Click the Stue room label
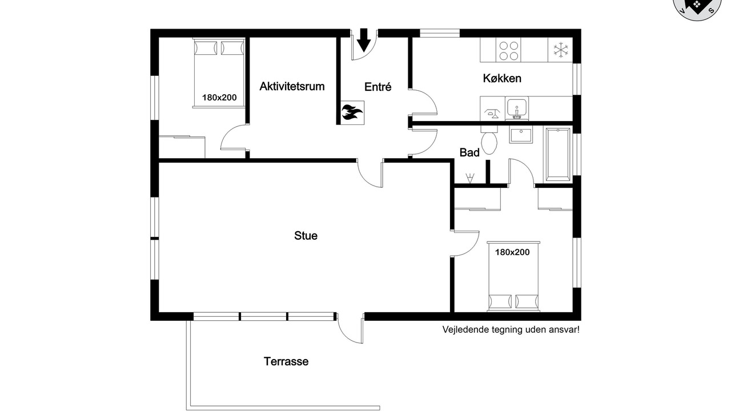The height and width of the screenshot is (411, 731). click(x=306, y=236)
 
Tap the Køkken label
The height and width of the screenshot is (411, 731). click(x=502, y=78)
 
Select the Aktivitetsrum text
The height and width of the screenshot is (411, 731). click(x=292, y=86)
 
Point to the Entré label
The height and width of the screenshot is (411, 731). click(x=377, y=87)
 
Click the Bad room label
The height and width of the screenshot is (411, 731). click(x=469, y=152)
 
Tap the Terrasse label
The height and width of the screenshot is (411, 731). click(x=286, y=361)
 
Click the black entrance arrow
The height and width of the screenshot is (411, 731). click(x=364, y=40)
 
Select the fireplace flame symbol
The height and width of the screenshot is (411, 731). click(x=352, y=112)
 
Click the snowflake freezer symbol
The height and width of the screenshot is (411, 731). click(x=561, y=50)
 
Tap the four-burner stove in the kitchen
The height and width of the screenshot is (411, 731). click(x=508, y=50)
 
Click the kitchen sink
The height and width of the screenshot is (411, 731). click(x=517, y=108)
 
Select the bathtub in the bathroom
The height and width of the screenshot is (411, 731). click(x=558, y=155)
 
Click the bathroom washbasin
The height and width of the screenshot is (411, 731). click(x=521, y=135)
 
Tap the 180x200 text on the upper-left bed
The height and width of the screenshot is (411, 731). click(x=219, y=98)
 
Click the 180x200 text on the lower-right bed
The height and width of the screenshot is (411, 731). click(x=512, y=252)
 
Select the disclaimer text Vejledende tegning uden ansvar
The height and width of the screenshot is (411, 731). click(x=511, y=329)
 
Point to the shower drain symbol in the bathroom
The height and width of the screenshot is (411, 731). click(x=469, y=178)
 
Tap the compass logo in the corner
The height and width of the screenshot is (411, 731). click(x=697, y=8)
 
